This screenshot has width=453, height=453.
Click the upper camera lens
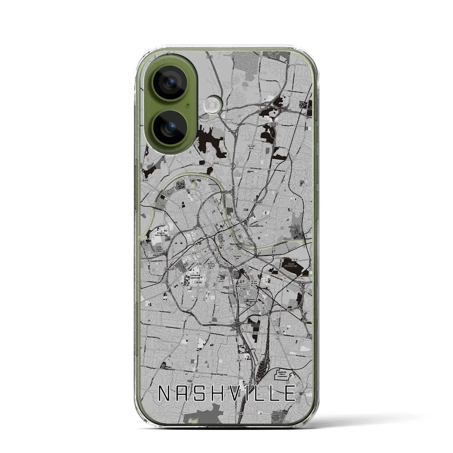[x=167, y=84]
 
